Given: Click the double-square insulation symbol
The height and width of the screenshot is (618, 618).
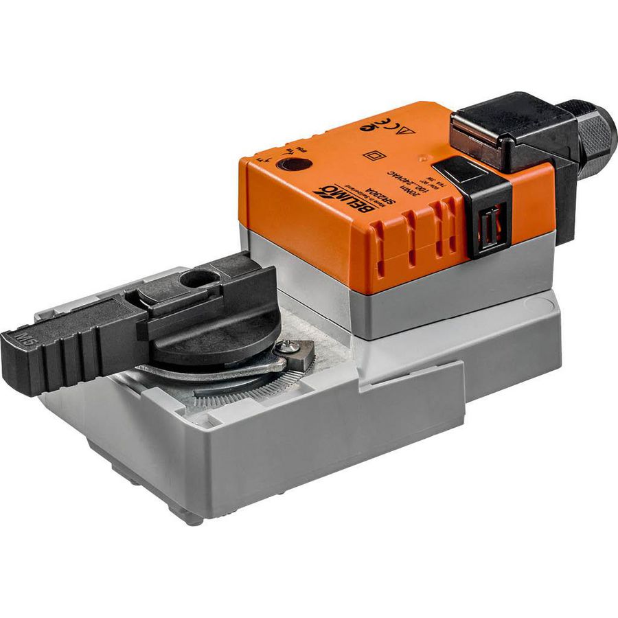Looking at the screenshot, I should [375, 154].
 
